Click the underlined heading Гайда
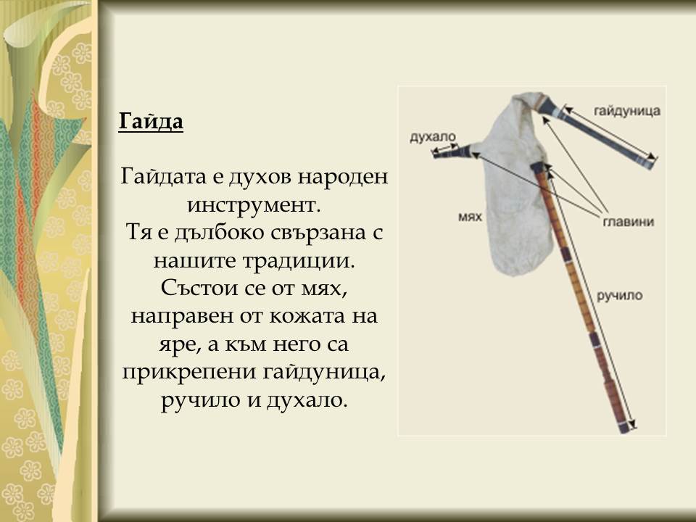pyautogui.click(x=151, y=122)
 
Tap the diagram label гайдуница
pyautogui.click(x=626, y=112)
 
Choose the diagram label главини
pyautogui.click(x=628, y=221)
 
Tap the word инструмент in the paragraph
pyautogui.click(x=253, y=203)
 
